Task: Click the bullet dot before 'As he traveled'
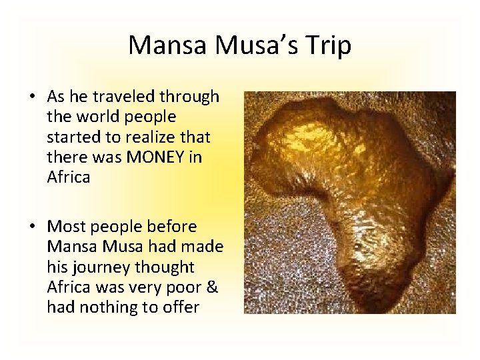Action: pos(32,98)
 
